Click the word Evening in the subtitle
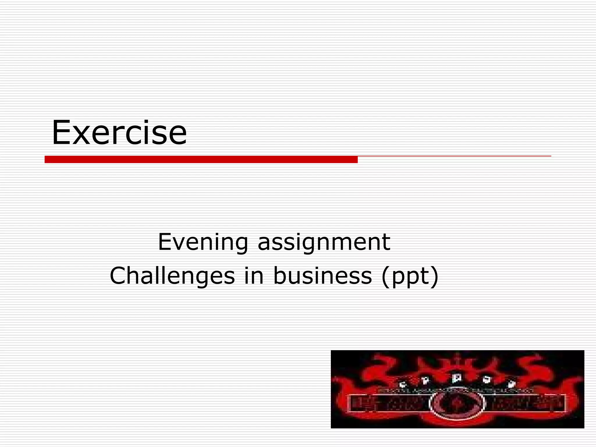point(203,242)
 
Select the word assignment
point(324,242)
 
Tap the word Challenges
point(172,276)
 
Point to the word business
point(322,276)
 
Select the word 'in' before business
point(254,276)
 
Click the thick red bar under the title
point(201,159)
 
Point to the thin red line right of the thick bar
point(454,156)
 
